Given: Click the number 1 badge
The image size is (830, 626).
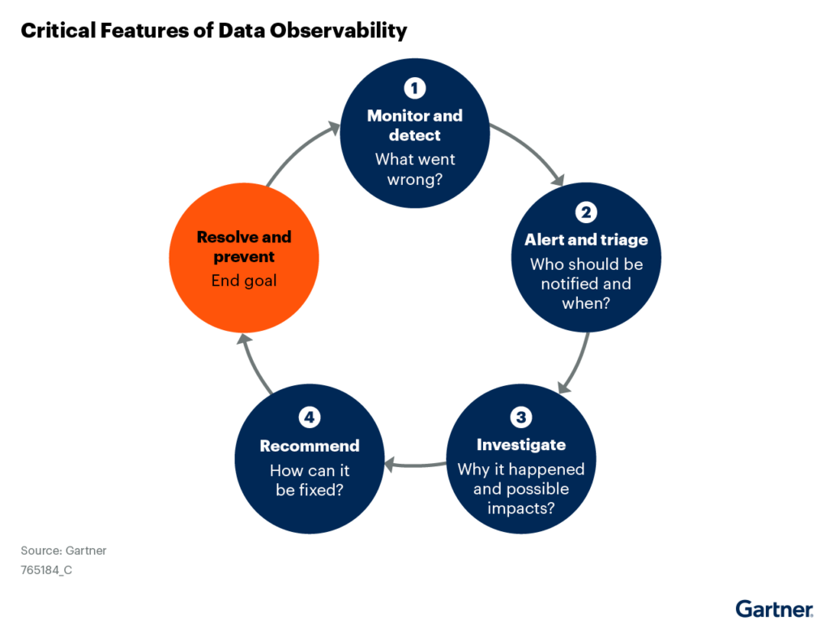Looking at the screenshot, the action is [414, 88].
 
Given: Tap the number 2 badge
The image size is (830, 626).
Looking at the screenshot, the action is [586, 212].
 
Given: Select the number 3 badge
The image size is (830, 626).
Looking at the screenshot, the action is [521, 418].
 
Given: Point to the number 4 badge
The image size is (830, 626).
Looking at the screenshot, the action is [309, 418].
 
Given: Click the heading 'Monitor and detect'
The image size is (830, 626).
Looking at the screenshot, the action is [414, 125].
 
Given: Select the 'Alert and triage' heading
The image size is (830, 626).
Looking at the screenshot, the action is [586, 240].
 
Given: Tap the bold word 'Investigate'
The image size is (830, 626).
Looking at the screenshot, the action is [521, 445].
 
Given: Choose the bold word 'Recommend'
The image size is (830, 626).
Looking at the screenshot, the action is [309, 446].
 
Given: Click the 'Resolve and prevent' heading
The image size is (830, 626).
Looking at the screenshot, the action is [244, 247].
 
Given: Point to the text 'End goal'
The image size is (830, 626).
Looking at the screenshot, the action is [244, 281].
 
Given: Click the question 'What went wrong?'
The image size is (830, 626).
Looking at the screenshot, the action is [414, 169].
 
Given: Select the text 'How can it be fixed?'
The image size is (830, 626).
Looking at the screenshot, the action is [309, 480].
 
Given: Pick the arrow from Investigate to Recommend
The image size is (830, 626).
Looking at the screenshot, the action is [415, 465].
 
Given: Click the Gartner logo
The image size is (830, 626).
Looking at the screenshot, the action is [774, 609].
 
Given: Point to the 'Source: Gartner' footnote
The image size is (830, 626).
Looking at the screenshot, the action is [63, 551].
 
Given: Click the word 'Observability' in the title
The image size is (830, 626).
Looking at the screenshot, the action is [339, 31].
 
